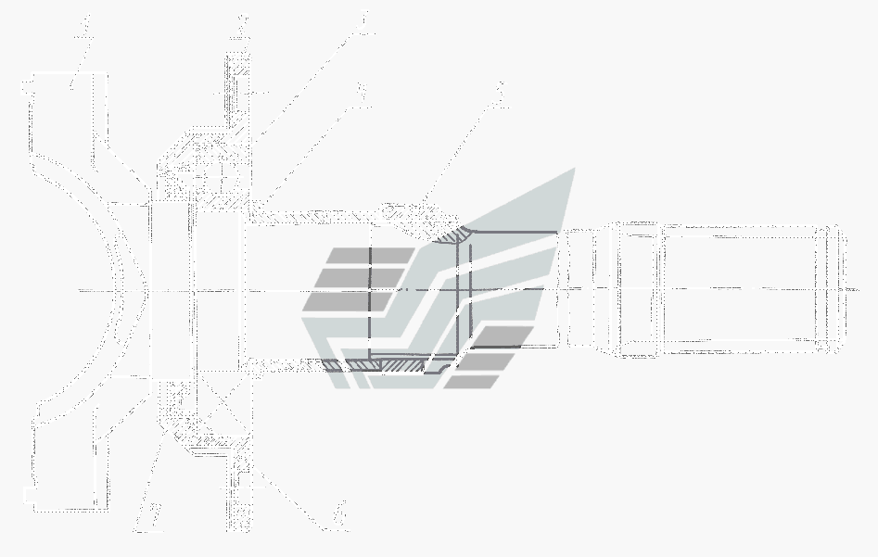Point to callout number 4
click(361, 93)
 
